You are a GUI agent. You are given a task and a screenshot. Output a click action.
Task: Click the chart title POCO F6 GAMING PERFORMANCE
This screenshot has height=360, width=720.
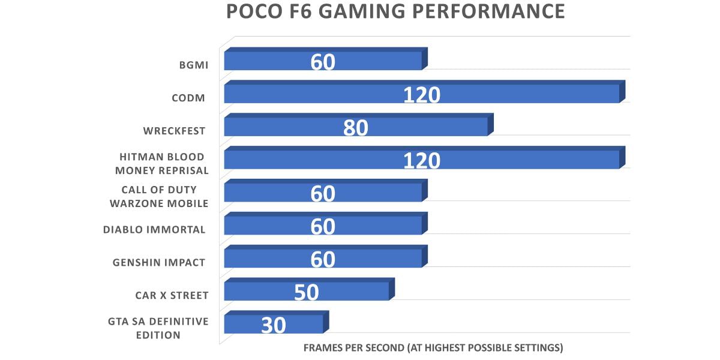395,12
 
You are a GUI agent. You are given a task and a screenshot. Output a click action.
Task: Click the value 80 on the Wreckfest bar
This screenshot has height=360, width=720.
355,128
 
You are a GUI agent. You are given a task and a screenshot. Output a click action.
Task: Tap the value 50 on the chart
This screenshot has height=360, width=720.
306,292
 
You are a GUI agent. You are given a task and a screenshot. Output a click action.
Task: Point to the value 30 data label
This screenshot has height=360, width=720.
273,325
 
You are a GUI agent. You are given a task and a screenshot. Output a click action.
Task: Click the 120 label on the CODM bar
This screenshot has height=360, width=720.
422,95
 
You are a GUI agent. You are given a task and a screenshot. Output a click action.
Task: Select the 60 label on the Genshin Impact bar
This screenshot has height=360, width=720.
323,259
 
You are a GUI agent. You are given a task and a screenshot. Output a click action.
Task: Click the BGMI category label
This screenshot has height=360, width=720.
194,64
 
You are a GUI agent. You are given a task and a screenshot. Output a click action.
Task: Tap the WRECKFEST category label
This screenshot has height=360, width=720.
175,130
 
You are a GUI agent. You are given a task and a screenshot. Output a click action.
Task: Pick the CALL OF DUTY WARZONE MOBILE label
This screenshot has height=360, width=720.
159,196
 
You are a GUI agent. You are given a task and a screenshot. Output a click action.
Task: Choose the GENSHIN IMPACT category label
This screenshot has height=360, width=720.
159,262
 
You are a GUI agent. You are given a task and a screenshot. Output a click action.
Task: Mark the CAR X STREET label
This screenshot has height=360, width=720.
172,295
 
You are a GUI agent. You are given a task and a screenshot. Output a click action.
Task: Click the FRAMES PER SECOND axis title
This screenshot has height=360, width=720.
433,347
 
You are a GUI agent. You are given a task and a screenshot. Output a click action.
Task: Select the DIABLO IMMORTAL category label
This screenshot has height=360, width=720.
154,229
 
